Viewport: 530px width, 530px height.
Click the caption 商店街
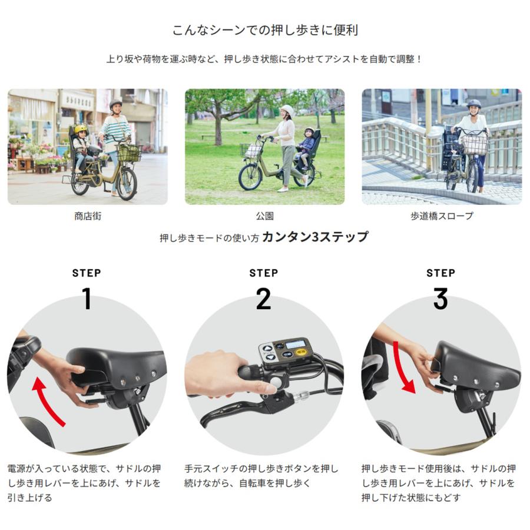tap(88, 216)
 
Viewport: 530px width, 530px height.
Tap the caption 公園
tap(264, 216)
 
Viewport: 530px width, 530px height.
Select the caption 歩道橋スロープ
tap(441, 216)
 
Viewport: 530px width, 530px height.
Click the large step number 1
tap(87, 299)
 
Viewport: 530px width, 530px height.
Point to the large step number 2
tap(263, 299)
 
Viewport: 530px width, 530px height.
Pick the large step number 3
tap(440, 299)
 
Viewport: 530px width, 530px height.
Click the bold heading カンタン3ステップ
tap(315, 237)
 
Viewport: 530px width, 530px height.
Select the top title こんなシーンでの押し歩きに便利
tap(264, 30)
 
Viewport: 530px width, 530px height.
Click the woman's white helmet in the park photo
tap(287, 110)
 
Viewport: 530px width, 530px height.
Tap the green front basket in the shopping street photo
tap(129, 154)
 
